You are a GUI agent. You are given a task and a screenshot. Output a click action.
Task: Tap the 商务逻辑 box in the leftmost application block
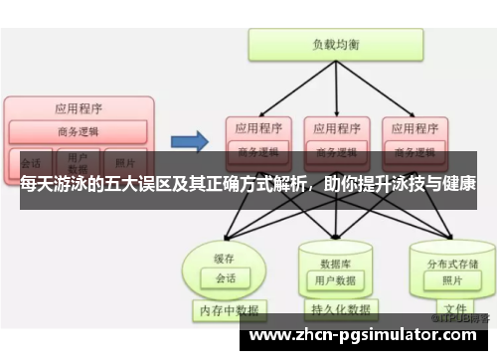coord(79,131)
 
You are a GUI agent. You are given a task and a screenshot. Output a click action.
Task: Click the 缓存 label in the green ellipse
coord(224,258)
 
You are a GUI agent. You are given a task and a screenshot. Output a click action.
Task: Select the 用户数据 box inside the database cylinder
coord(335,280)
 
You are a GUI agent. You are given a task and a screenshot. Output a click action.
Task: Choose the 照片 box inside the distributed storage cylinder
coord(447,281)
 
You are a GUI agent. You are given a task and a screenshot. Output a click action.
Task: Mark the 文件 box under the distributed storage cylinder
coord(455,309)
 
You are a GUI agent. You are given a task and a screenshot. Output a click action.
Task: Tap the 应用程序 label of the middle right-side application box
coord(335,127)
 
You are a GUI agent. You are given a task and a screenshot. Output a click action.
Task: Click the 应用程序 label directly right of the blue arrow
coord(257,127)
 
